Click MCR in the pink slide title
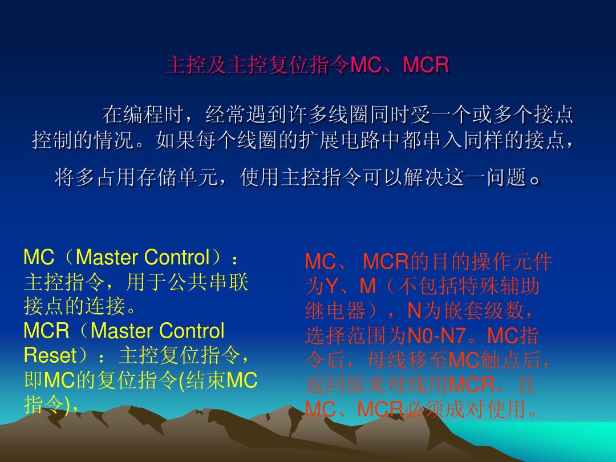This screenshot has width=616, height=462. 426,66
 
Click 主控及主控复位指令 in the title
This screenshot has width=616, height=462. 257,66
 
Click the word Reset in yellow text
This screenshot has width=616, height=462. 50,355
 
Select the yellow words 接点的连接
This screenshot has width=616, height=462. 74,307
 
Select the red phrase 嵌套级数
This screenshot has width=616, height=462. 484,311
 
